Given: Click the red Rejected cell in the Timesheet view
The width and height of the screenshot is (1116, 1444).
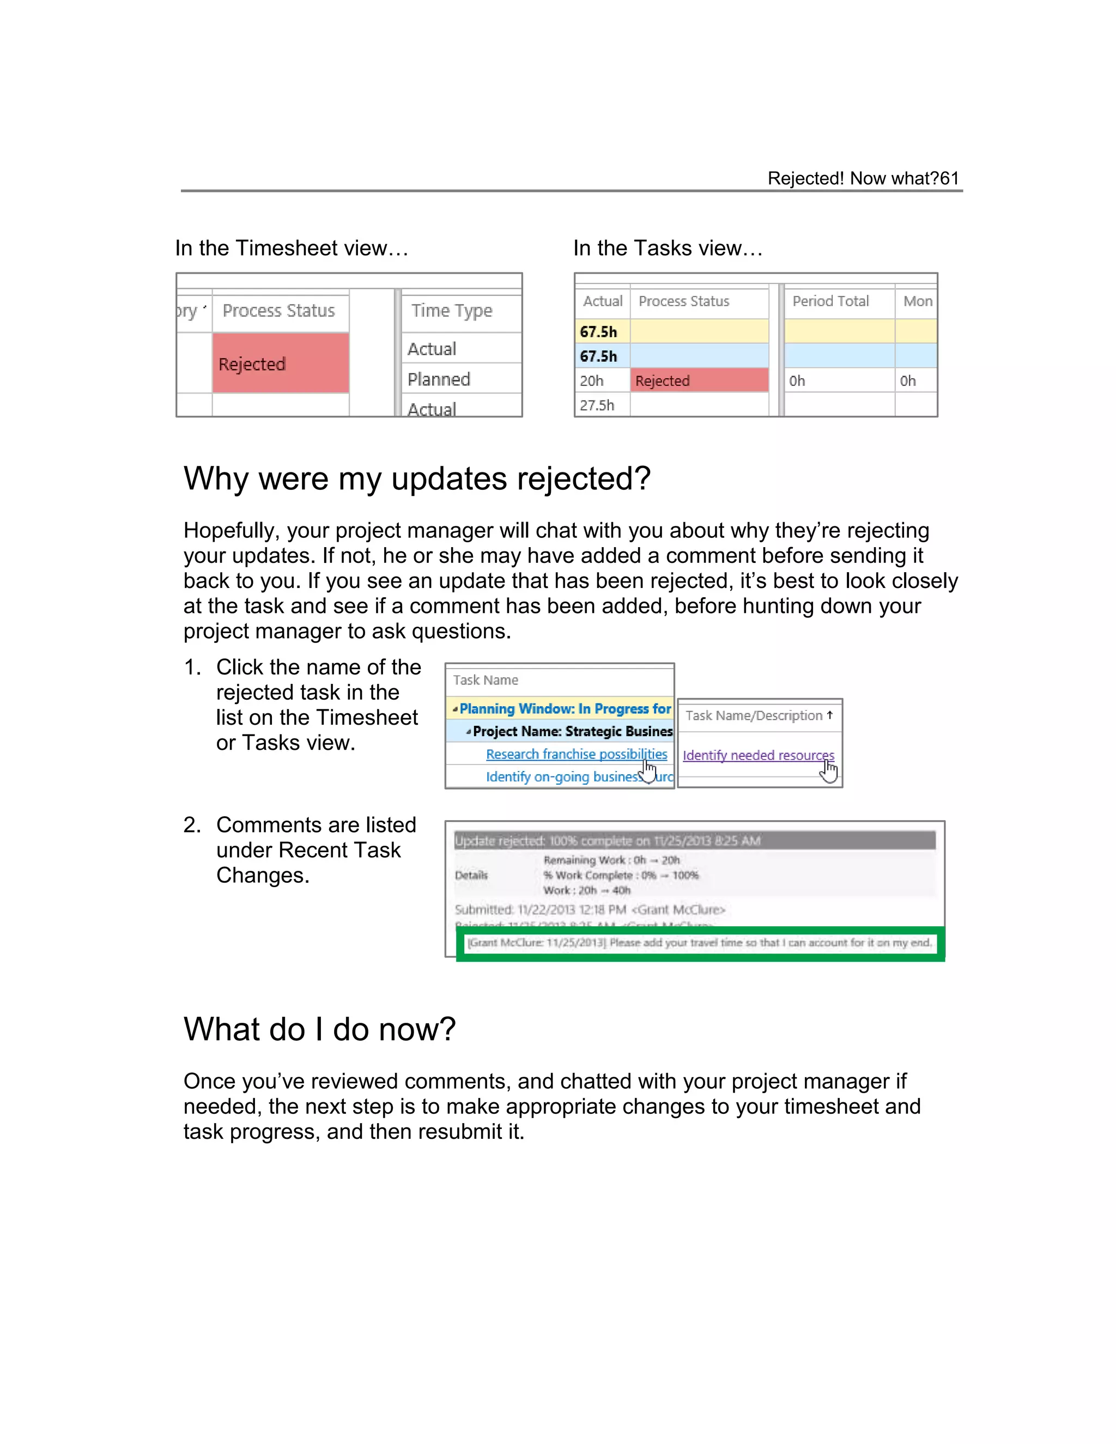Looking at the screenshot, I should click(x=280, y=363).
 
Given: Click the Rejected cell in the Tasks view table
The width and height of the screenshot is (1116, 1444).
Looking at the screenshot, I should click(x=699, y=380).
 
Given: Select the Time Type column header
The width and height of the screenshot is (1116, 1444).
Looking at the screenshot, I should click(x=452, y=310).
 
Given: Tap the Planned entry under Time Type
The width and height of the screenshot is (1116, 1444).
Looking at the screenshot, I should click(x=439, y=379).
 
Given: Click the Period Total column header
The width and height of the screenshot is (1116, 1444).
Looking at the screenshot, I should click(x=830, y=301).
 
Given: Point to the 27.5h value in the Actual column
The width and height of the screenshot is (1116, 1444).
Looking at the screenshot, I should click(x=597, y=405).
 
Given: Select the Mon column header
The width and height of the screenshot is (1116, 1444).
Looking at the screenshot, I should click(x=918, y=301).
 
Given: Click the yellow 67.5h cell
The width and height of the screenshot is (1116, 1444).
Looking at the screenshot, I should click(x=598, y=331).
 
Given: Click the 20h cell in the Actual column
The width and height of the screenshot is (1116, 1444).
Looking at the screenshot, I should click(x=592, y=380).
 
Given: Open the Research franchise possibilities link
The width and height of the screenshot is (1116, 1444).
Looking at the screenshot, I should click(x=576, y=754).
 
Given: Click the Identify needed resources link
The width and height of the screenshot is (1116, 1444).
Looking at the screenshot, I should click(x=757, y=755).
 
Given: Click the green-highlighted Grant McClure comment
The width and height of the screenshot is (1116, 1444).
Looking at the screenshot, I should click(x=699, y=942).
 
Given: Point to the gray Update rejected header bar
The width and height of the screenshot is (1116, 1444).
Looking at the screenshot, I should click(x=694, y=840).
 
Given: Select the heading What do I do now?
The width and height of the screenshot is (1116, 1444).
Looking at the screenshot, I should click(x=319, y=1029).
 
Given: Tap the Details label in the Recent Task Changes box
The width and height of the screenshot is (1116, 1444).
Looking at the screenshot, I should click(x=471, y=875).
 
